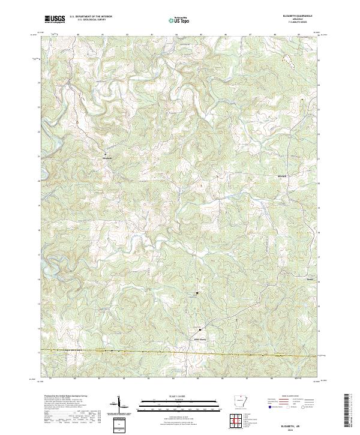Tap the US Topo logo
(x=178, y=20)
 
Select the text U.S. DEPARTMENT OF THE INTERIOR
(x=90, y=17)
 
